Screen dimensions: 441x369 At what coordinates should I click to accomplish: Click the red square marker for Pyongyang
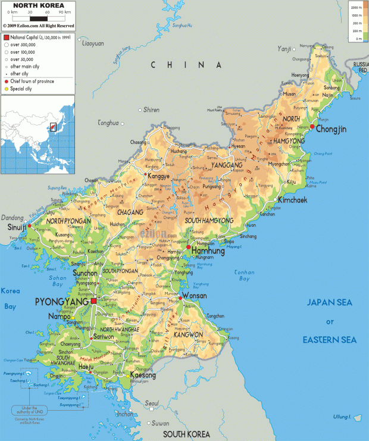pos(93,302)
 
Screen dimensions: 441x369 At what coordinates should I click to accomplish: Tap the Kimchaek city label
pos(292,201)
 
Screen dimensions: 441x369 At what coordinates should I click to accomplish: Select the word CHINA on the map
pos(186,65)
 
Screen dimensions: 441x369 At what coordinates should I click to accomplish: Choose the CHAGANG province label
pos(130,212)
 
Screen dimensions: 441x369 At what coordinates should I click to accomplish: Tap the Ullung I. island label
pos(341,417)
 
